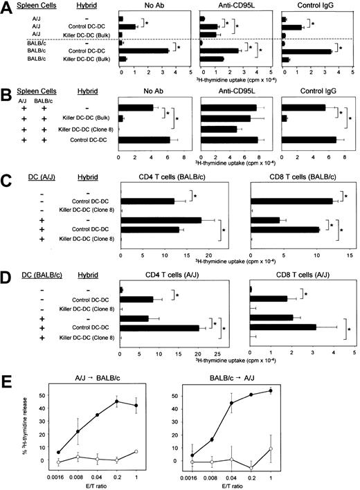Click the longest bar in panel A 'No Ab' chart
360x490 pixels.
coord(143,51)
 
